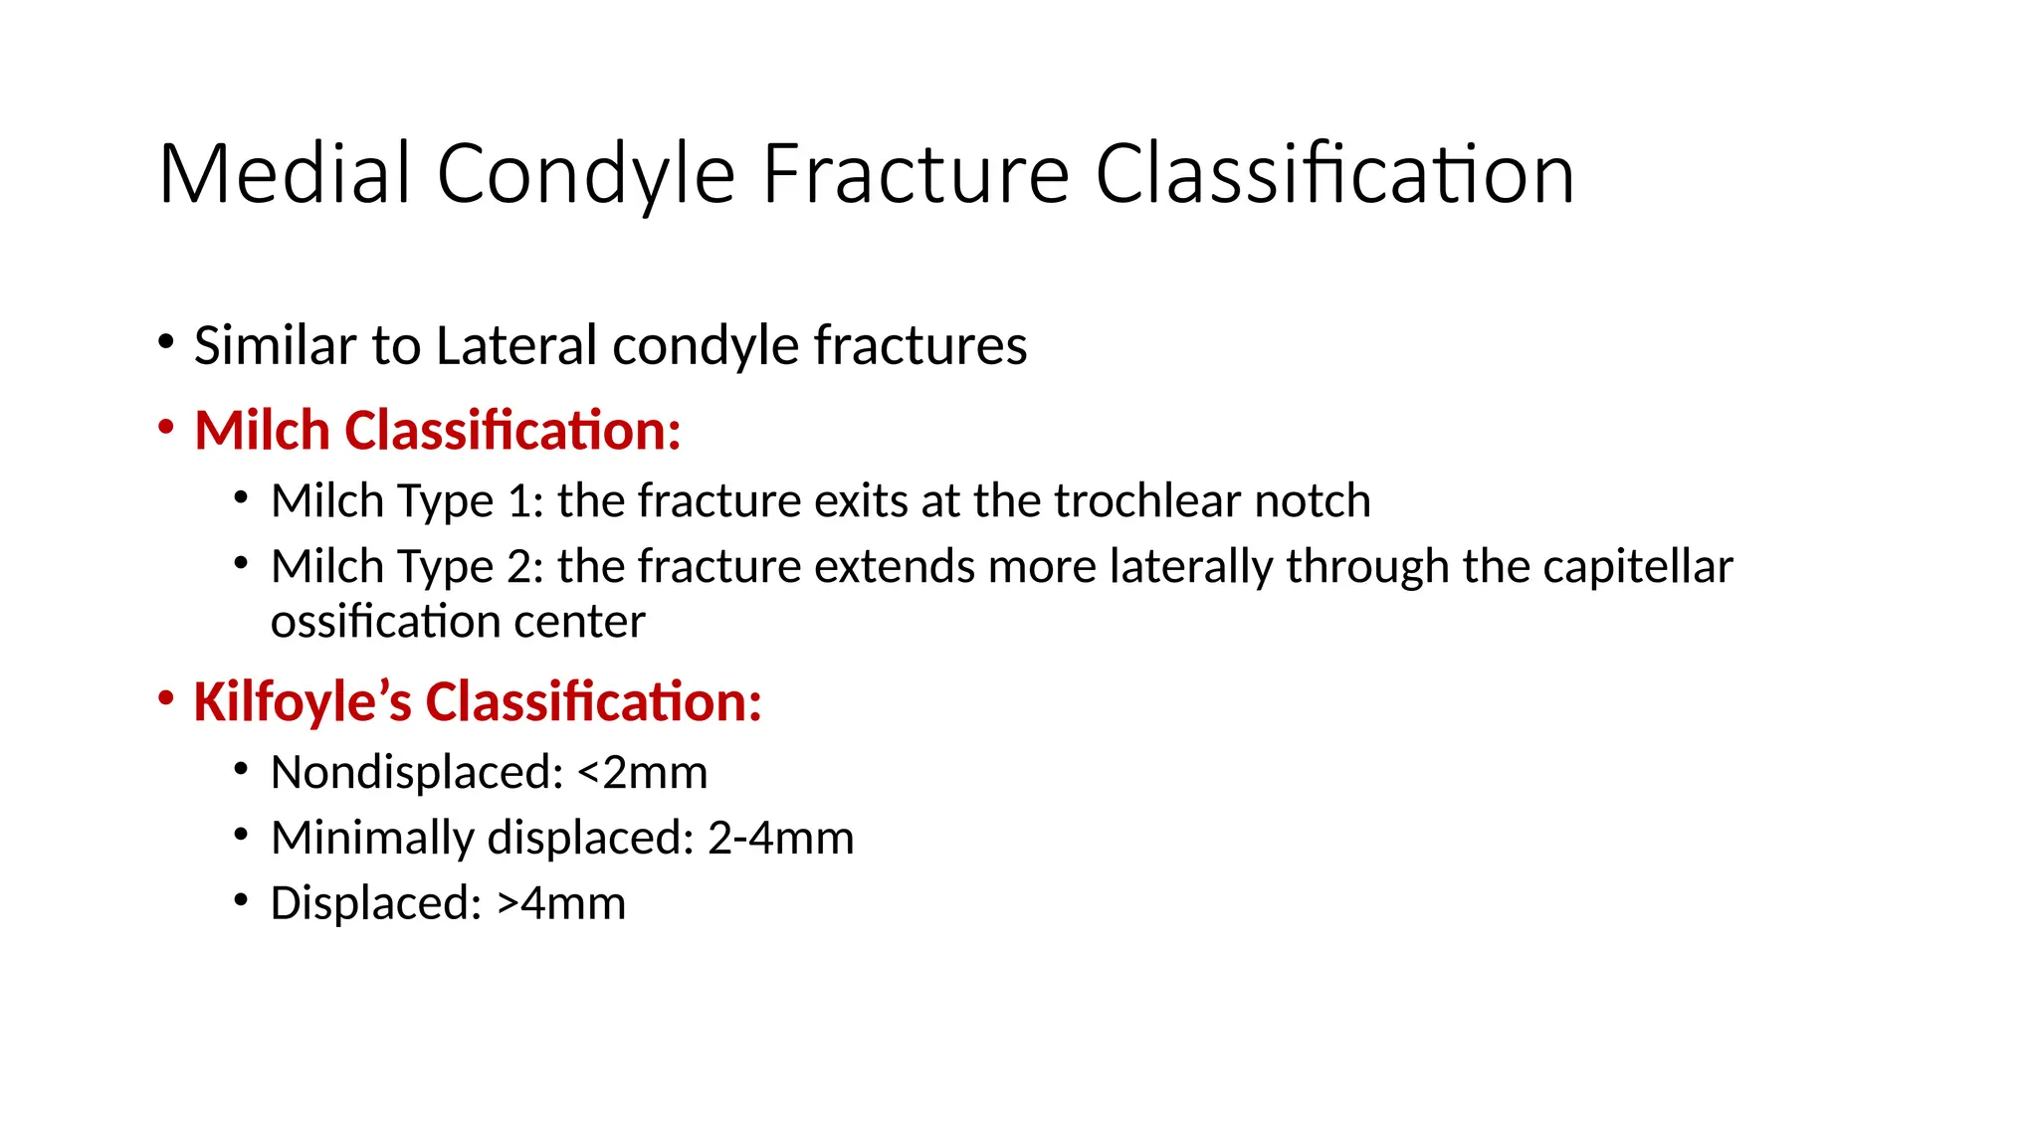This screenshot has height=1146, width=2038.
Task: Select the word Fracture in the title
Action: coord(916,174)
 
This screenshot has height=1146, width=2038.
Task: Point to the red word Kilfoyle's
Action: coord(302,701)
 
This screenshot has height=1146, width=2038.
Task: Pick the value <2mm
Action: coord(642,773)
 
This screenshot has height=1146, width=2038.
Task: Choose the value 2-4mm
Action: coord(780,838)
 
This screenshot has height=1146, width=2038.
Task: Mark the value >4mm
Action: coord(561,903)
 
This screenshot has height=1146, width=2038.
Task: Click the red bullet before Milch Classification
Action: coord(166,429)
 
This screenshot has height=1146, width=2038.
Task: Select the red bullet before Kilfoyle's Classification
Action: coord(166,699)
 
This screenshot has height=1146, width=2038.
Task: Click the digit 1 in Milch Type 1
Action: coord(518,500)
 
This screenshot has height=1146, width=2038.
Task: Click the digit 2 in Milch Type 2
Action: coord(519,566)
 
